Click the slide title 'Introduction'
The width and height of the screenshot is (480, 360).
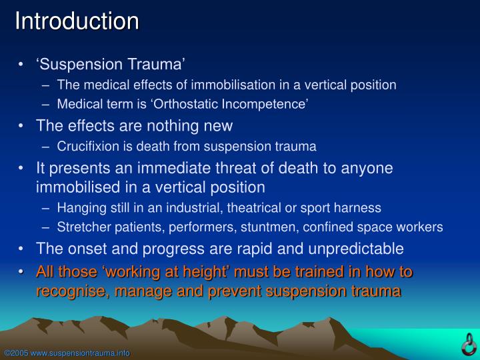coord(77,21)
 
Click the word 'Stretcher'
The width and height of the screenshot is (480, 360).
coord(82,227)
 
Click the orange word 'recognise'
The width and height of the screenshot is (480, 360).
coord(70,291)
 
